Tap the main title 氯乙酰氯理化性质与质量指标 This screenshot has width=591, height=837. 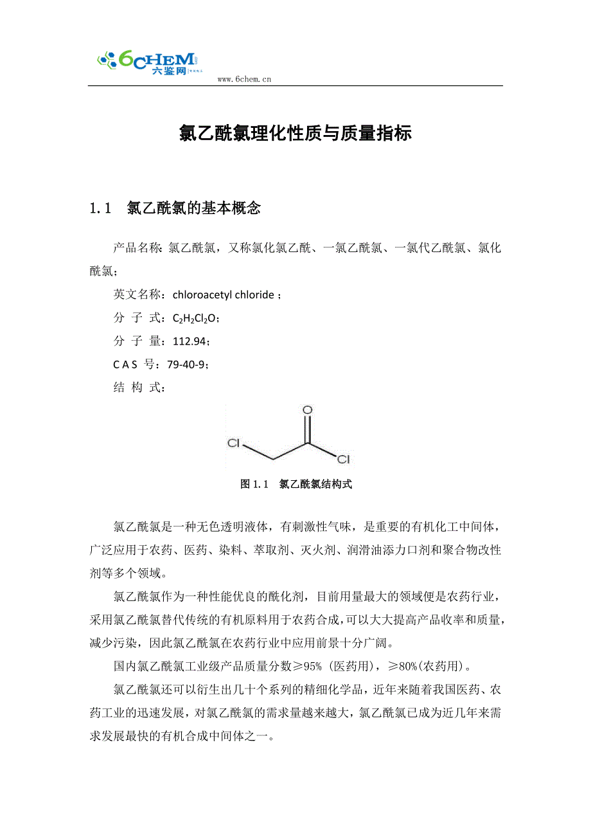(x=295, y=133)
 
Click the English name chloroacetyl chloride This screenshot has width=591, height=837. (x=224, y=295)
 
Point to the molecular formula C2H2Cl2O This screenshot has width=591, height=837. (x=196, y=318)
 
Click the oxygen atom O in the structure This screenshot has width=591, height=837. (x=307, y=410)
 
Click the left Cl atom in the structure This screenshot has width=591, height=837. (x=234, y=443)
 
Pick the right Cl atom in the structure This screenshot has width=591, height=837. (x=343, y=459)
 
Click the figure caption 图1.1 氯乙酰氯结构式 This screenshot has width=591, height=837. (x=295, y=484)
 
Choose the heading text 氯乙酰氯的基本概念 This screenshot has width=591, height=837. (x=194, y=208)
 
